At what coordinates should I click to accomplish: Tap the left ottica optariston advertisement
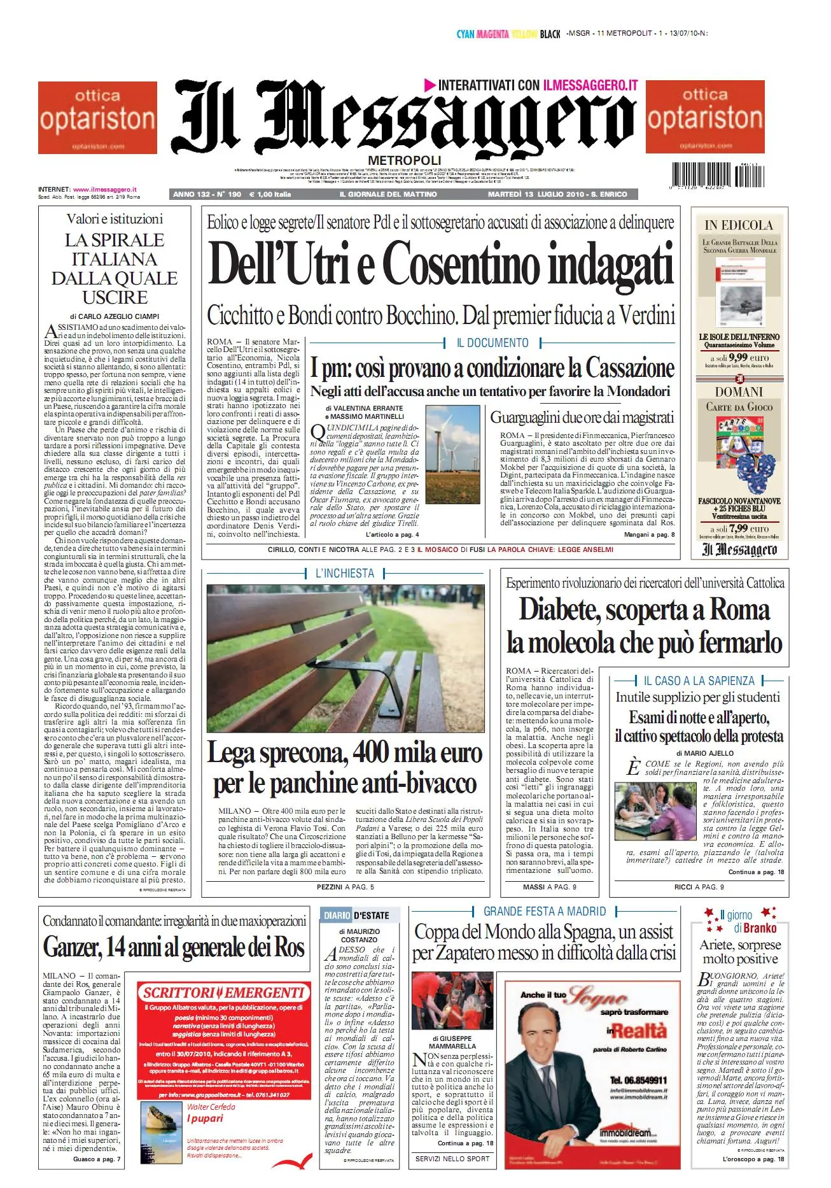pyautogui.click(x=97, y=117)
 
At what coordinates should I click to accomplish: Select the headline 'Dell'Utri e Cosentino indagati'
pyautogui.click(x=440, y=264)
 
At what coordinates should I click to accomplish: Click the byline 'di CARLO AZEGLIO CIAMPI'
pyautogui.click(x=115, y=316)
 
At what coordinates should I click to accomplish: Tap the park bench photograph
pyautogui.click(x=345, y=658)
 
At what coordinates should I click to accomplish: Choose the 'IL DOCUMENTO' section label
pyautogui.click(x=492, y=343)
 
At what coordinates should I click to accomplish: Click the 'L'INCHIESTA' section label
pyautogui.click(x=345, y=574)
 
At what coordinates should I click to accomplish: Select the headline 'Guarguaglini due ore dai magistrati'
pyautogui.click(x=582, y=418)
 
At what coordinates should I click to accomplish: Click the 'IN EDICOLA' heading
pyautogui.click(x=739, y=225)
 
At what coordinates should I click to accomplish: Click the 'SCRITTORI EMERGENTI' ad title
pyautogui.click(x=223, y=993)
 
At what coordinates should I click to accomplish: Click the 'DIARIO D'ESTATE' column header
pyautogui.click(x=357, y=916)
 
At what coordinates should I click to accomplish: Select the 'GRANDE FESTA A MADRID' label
pyautogui.click(x=545, y=912)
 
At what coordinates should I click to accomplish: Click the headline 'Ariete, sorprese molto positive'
pyautogui.click(x=740, y=952)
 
